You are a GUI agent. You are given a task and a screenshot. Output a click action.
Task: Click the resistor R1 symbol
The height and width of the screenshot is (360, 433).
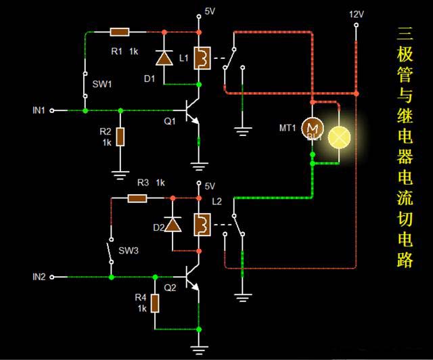[120, 32]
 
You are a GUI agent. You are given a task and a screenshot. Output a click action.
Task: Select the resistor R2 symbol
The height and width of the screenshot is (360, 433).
[120, 137]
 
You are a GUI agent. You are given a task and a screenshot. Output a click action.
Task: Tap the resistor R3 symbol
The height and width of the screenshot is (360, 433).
[138, 198]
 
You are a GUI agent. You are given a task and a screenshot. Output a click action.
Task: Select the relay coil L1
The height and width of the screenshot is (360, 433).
[201, 58]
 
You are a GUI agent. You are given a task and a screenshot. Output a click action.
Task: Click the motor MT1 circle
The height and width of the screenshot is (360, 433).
[312, 127]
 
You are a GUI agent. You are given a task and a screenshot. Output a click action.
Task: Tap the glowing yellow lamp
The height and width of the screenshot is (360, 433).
[339, 137]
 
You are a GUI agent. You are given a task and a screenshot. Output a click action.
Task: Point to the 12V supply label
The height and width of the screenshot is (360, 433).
[356, 14]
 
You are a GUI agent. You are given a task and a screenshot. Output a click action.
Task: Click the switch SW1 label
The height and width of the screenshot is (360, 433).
[102, 85]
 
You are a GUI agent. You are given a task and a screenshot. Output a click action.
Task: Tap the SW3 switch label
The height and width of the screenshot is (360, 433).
[129, 250]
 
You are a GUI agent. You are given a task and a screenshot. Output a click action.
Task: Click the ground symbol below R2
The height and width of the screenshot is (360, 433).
[120, 175]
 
